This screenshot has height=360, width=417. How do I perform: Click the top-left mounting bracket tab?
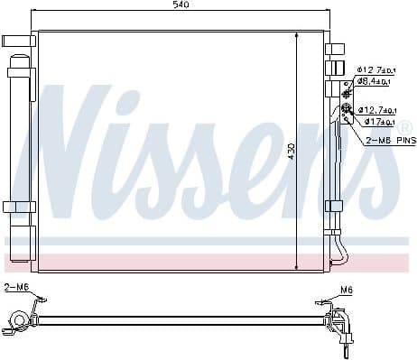coord(17,41)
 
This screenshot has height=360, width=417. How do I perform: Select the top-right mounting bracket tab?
coord(337,44)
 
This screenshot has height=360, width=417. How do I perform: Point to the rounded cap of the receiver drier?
coord(20,60)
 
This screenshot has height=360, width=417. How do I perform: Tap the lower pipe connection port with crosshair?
coord(347,110)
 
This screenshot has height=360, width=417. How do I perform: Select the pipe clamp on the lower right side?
coord(336,206)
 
